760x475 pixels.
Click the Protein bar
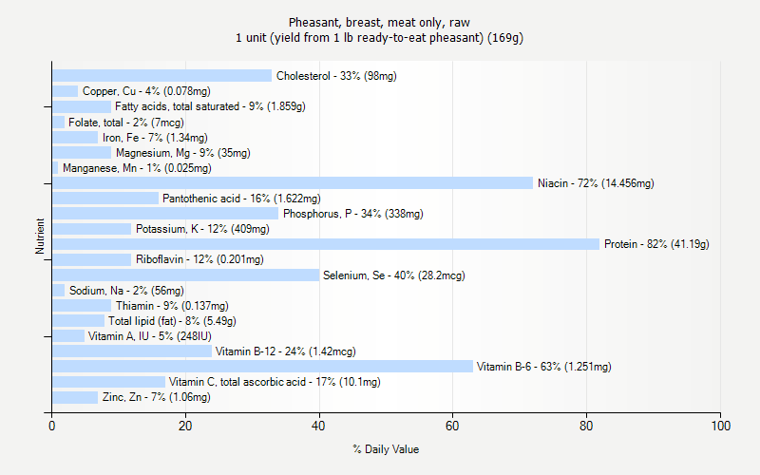pyautogui.click(x=326, y=244)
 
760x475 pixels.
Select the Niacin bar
pyautogui.click(x=293, y=183)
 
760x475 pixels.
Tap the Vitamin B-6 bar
pyautogui.click(x=262, y=367)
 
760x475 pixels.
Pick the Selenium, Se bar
pyautogui.click(x=185, y=275)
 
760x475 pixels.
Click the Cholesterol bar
pyautogui.click(x=161, y=76)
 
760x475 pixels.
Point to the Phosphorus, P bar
pyautogui.click(x=165, y=214)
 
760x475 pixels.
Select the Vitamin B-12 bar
pyautogui.click(x=132, y=351)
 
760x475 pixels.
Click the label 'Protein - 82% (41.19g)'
pyautogui.click(x=656, y=244)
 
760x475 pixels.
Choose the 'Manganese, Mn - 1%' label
pyautogui.click(x=137, y=168)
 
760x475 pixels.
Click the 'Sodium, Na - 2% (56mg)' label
pyautogui.click(x=126, y=291)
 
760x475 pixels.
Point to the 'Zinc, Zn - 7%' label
pyautogui.click(x=156, y=397)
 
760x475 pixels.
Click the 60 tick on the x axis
pyautogui.click(x=452, y=426)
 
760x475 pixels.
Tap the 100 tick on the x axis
pyautogui.click(x=720, y=426)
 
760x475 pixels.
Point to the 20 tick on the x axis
pyautogui.click(x=185, y=426)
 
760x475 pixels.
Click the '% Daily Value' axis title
pyautogui.click(x=386, y=449)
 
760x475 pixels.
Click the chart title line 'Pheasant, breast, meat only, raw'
pyautogui.click(x=379, y=22)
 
